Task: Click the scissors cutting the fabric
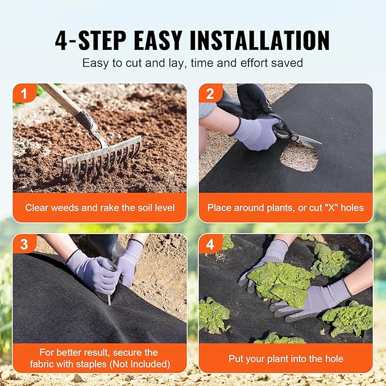[x=289, y=130]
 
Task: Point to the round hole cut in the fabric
[x=298, y=157]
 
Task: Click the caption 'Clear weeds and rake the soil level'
[x=99, y=207]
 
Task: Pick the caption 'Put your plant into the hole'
[x=285, y=359]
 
